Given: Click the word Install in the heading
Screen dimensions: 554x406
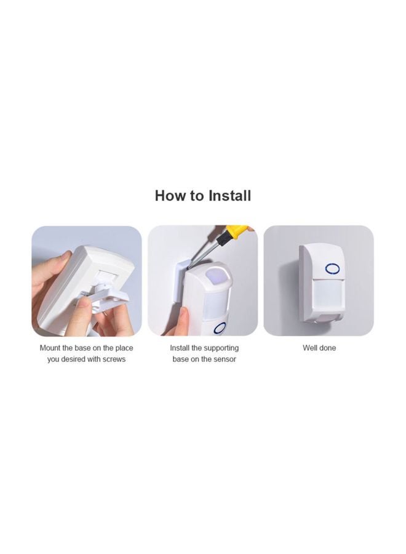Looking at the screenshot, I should [x=229, y=196].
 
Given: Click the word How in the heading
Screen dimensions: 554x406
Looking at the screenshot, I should [x=170, y=196].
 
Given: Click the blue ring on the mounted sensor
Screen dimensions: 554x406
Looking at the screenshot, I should [x=332, y=268].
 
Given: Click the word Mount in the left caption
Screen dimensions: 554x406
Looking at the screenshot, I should [x=51, y=348].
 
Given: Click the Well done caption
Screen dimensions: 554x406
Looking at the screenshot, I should [x=319, y=348].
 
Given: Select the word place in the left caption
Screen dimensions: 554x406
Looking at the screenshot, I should [x=123, y=348].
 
